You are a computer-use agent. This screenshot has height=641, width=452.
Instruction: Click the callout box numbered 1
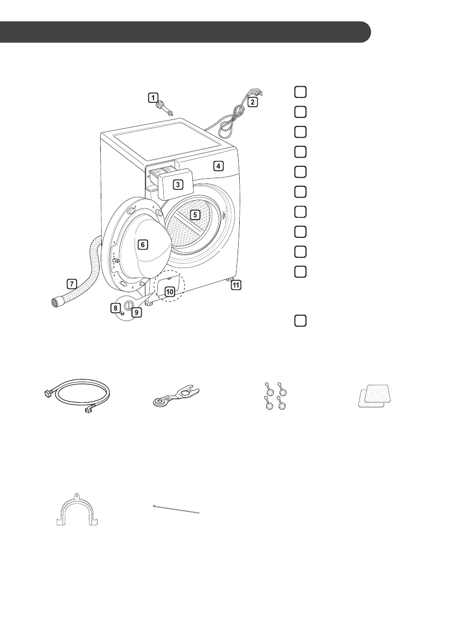point(154,97)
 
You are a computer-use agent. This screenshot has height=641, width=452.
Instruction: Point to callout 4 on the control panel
point(218,166)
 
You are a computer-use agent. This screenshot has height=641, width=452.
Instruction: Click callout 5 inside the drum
point(196,214)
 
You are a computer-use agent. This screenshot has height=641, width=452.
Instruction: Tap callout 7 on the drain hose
point(71,282)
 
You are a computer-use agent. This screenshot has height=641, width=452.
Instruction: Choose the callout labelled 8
point(115,307)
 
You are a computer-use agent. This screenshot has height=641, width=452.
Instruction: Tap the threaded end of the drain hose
point(56,301)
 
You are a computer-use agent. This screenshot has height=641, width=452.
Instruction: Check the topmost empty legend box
point(301,92)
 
